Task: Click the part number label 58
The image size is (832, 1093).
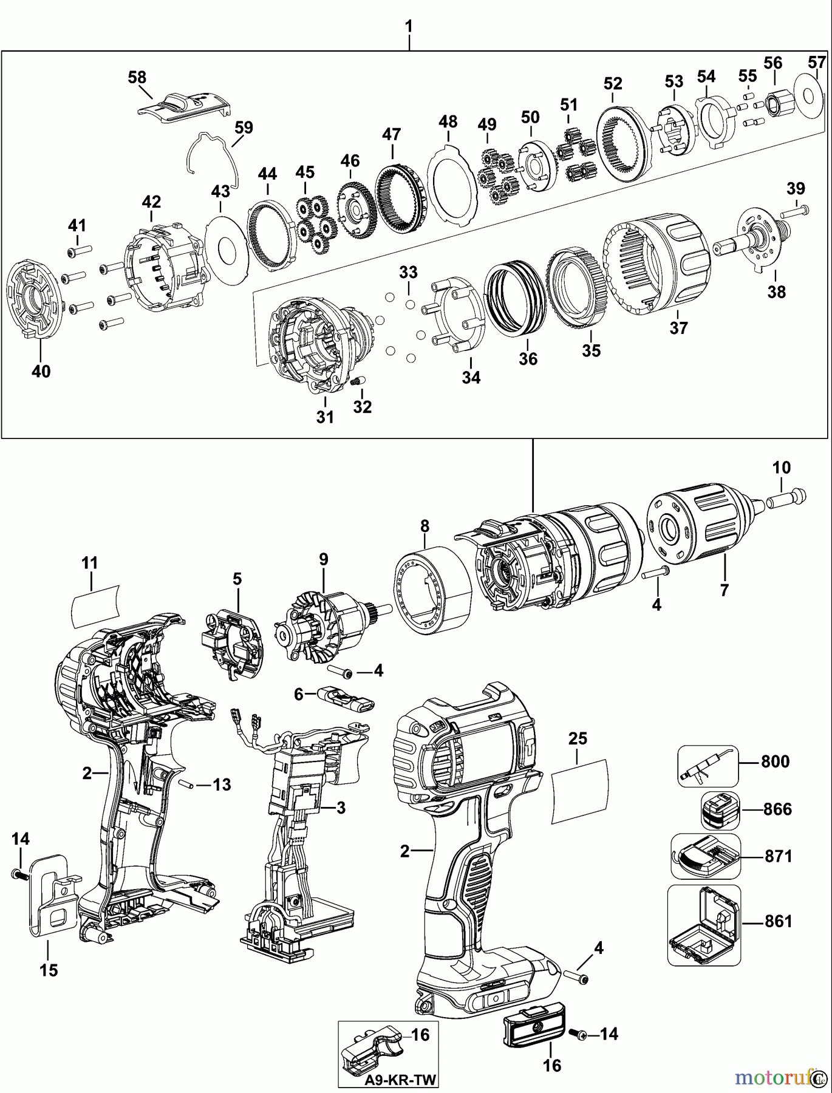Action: coord(137,78)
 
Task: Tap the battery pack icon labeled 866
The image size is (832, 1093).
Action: coord(719,810)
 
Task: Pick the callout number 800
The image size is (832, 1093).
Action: coord(776,761)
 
